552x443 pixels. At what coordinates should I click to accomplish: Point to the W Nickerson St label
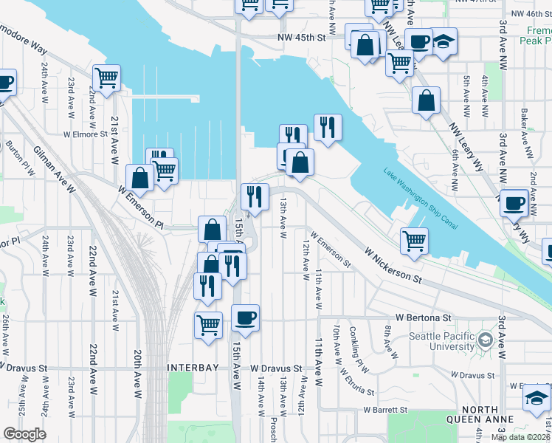tap(393, 265)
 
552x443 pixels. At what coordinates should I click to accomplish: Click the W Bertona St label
tap(423, 317)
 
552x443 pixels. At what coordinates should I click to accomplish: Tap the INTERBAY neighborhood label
tap(194, 367)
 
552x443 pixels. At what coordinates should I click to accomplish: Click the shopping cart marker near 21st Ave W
tap(107, 78)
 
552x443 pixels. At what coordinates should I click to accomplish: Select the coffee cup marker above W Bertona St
tap(246, 318)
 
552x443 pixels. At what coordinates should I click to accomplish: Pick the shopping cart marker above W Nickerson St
tap(415, 240)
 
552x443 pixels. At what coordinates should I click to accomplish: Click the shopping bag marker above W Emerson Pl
tap(140, 177)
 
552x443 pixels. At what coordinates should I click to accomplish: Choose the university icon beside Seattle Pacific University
tap(485, 340)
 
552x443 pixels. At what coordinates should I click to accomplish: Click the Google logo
tap(24, 434)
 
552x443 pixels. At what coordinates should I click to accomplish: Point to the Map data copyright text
tap(520, 436)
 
